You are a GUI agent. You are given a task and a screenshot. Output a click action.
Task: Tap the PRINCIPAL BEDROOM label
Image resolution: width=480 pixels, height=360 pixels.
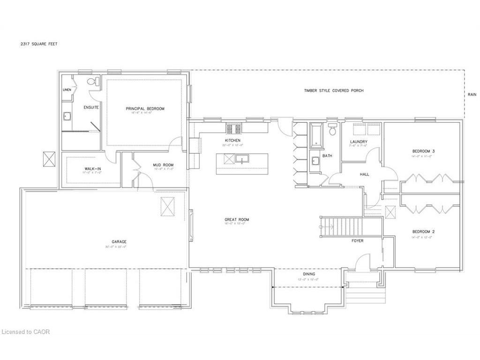click(145, 109)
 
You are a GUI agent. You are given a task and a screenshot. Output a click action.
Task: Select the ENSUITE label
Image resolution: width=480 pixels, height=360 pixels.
click(91, 108)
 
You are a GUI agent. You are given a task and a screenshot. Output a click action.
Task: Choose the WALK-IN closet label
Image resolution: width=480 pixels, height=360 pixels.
click(91, 168)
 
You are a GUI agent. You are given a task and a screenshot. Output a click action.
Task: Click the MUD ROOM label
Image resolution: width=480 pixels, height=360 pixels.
click(163, 165)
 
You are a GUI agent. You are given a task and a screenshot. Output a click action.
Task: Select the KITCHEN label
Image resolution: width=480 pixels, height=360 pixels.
click(232, 141)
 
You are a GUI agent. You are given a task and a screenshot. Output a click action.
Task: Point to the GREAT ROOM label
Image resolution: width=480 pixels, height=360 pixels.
click(237, 219)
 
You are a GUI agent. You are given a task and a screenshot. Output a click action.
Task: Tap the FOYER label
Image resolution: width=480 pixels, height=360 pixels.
click(358, 241)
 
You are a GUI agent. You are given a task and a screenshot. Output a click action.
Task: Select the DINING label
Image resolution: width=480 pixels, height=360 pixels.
click(309, 274)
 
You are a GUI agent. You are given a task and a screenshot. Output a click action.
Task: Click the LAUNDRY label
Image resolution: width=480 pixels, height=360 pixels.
click(359, 142)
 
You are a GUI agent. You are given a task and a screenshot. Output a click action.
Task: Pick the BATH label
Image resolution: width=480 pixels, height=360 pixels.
click(327, 156)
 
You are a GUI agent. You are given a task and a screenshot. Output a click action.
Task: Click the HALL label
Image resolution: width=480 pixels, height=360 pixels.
click(364, 174)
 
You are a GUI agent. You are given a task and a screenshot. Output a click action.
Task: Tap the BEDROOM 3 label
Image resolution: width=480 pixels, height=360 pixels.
click(423, 151)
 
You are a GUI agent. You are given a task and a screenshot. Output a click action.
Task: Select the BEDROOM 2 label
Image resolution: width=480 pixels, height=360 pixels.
click(423, 232)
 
